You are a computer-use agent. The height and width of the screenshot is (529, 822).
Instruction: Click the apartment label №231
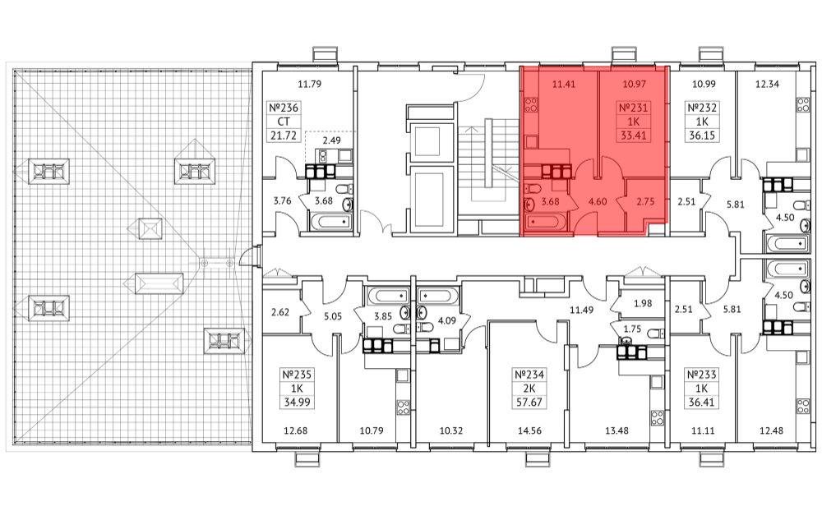click(x=633, y=108)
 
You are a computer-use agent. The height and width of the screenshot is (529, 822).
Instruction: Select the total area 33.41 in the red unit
click(x=633, y=136)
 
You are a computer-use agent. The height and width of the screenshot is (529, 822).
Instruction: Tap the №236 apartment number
click(x=284, y=108)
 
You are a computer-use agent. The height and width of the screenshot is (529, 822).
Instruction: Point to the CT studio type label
click(x=284, y=122)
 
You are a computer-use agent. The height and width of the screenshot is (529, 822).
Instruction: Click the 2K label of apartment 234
click(x=529, y=389)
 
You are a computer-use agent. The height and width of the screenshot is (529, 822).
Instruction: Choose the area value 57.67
click(x=529, y=402)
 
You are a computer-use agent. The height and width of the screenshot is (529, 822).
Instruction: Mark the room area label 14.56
click(x=529, y=430)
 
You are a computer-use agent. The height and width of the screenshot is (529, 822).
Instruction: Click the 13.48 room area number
click(x=616, y=430)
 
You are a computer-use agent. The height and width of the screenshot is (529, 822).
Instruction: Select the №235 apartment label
click(x=297, y=375)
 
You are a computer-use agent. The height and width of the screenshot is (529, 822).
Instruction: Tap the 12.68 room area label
click(x=296, y=430)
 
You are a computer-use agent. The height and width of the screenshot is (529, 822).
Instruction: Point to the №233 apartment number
click(x=701, y=375)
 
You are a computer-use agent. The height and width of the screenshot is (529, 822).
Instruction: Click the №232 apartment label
click(x=701, y=108)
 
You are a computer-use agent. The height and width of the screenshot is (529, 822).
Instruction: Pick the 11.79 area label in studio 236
click(x=309, y=84)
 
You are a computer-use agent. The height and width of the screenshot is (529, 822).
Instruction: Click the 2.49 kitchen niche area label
click(x=331, y=140)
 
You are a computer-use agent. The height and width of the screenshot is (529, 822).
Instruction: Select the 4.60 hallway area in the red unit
click(x=598, y=201)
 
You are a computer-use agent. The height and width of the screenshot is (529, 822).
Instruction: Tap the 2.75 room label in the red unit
click(x=645, y=201)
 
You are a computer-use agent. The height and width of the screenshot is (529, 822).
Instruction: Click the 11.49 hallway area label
click(x=581, y=310)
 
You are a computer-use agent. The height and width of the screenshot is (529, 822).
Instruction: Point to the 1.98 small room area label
click(x=643, y=303)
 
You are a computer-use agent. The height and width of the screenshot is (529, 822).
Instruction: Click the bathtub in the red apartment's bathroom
click(x=543, y=222)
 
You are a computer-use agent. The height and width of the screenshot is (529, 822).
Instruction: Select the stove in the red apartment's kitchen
click(x=530, y=105)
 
